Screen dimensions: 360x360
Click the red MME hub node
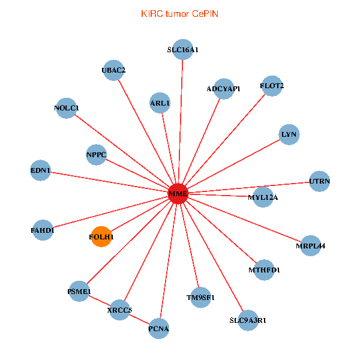pyautogui.click(x=178, y=194)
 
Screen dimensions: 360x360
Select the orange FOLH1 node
pyautogui.click(x=101, y=237)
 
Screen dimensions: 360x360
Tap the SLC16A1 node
pyautogui.click(x=183, y=50)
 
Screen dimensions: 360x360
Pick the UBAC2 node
pyautogui.click(x=113, y=70)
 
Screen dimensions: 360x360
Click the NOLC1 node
pyautogui.click(x=66, y=108)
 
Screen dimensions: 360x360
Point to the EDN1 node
pyautogui.click(x=41, y=170)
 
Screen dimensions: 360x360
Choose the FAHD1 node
pyautogui.click(x=43, y=230)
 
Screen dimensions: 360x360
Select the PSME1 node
pyautogui.click(x=79, y=292)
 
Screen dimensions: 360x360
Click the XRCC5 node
pyautogui.click(x=120, y=310)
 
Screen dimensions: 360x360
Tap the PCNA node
pyautogui.click(x=158, y=328)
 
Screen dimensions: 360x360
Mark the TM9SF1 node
pyautogui.click(x=200, y=297)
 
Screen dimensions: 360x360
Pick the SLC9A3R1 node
pyautogui.click(x=248, y=320)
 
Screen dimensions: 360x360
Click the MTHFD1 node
pyautogui.click(x=264, y=270)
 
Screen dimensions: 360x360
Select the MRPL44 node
pyautogui.click(x=310, y=245)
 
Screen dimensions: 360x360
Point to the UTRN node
pyautogui.click(x=319, y=181)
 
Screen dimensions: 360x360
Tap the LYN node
pyautogui.click(x=289, y=134)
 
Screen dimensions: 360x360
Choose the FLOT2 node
pyautogui.click(x=272, y=86)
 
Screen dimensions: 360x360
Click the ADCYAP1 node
pyautogui.click(x=223, y=89)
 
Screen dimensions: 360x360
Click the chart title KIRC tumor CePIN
pyautogui.click(x=179, y=13)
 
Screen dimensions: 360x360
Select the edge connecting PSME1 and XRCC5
pyautogui.click(x=100, y=301)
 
